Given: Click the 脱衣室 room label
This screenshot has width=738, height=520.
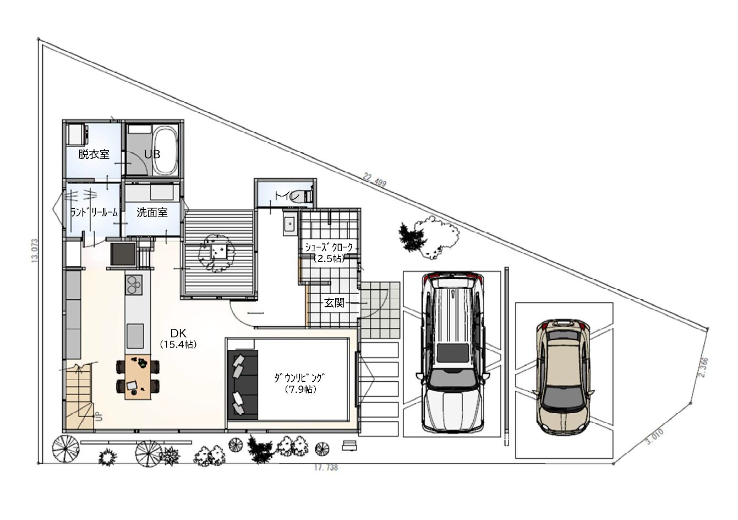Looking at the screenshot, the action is (x=94, y=154).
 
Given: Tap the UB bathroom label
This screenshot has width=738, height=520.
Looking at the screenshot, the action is (x=152, y=154).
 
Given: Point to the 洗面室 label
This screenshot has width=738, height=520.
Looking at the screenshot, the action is (x=152, y=213).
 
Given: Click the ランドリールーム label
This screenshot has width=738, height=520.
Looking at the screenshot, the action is (x=94, y=213).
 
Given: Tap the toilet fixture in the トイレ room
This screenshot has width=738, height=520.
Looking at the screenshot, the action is (x=305, y=197).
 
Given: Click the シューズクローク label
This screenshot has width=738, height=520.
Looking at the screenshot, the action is (x=329, y=247).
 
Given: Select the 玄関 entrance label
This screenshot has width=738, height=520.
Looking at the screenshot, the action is (x=334, y=303).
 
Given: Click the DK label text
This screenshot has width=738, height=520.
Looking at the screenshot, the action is (x=178, y=333).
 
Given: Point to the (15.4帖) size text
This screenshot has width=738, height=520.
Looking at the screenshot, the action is (x=178, y=345).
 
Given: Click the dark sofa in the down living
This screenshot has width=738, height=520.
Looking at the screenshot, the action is (x=243, y=385).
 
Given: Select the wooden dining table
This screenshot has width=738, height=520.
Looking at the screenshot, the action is (x=138, y=377).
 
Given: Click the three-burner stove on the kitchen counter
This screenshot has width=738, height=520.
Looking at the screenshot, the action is (x=134, y=285).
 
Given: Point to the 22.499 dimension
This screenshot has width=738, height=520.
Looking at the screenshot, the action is (x=374, y=180).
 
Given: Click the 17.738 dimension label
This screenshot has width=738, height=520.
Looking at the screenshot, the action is (x=326, y=467).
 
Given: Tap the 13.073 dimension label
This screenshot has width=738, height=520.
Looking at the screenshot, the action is (x=35, y=251).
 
